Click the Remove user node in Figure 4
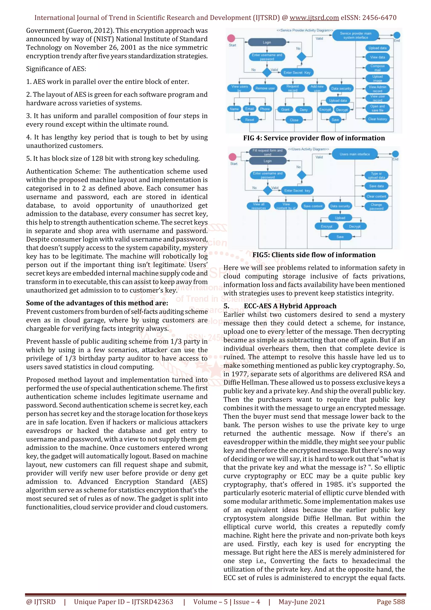[265, 88]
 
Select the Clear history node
[377, 119]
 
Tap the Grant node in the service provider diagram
[285, 109]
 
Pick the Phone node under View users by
[265, 109]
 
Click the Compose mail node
[377, 68]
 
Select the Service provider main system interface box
[356, 35]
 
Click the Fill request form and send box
[267, 152]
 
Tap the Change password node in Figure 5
[376, 206]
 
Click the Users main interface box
[355, 154]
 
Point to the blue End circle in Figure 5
[395, 154]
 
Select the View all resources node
[258, 206]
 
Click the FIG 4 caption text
[314, 138]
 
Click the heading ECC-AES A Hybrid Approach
[290, 306]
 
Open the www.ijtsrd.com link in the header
[314, 18]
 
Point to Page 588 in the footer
[390, 602]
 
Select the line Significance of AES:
[56, 69]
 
